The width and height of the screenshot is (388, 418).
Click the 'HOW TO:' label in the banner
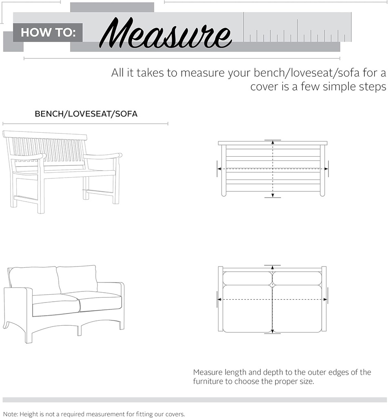point(48,33)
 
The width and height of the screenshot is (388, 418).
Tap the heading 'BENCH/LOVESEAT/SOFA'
point(86,114)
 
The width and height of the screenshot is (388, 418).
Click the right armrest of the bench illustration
point(103,156)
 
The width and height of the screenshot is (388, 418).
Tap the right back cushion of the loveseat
point(78,278)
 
